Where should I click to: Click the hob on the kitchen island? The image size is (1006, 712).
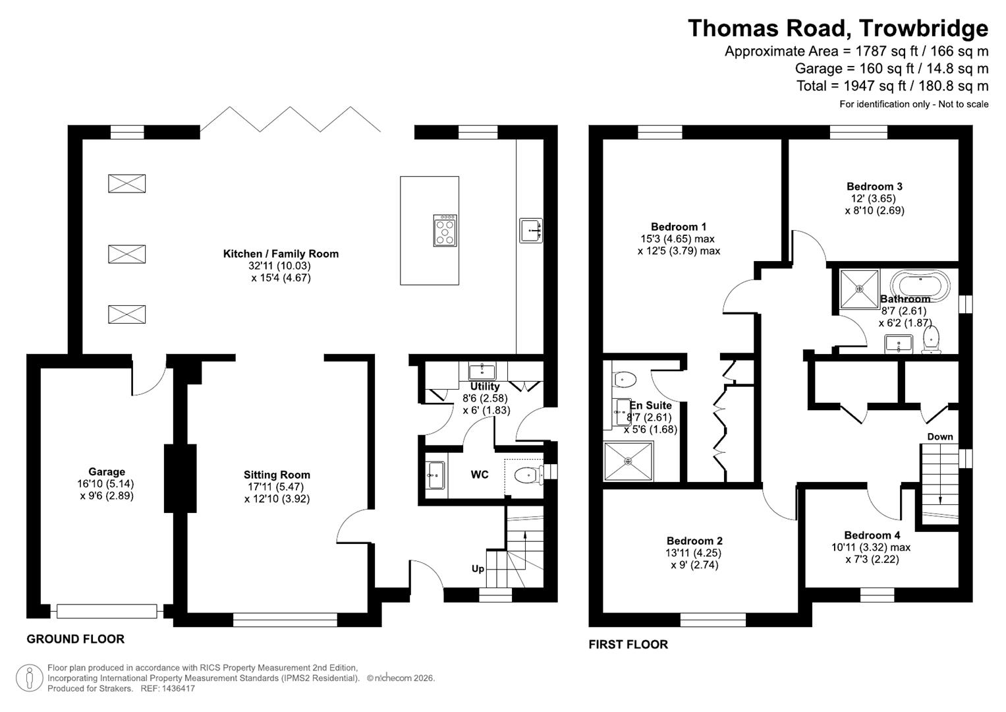[x=445, y=231]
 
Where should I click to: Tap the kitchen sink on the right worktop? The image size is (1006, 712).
[x=531, y=231]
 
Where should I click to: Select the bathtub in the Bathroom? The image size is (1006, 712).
[x=920, y=285]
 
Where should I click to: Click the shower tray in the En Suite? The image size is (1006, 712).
[x=629, y=461]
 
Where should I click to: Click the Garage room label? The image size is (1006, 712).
[x=107, y=471]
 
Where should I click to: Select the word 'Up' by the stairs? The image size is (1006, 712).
[x=478, y=568]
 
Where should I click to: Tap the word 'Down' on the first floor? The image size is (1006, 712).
[x=940, y=436]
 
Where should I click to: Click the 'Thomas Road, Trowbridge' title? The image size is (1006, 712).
[x=837, y=28]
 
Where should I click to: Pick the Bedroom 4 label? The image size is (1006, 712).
[x=872, y=535]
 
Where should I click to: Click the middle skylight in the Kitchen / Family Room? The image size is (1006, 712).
[x=126, y=254]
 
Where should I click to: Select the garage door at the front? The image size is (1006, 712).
[x=107, y=611]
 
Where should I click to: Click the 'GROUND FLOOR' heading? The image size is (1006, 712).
[x=75, y=639]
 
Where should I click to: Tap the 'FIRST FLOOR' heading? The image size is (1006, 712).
[x=628, y=644]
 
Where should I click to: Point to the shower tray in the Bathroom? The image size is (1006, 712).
[x=859, y=289]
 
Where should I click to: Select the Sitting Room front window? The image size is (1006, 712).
[x=285, y=619]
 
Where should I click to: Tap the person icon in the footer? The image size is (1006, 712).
[x=29, y=678]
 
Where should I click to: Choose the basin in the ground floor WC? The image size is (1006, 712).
[x=435, y=475]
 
